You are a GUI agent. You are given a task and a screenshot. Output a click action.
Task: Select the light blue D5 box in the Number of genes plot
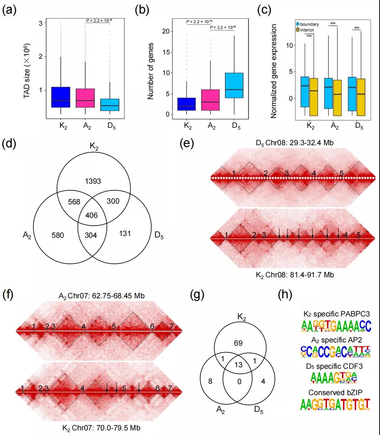(234, 85)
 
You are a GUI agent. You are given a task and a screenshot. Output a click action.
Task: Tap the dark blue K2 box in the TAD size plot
(60, 97)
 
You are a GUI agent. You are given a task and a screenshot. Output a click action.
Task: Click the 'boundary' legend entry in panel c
(309, 24)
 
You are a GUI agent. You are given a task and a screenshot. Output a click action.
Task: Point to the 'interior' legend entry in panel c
(307, 30)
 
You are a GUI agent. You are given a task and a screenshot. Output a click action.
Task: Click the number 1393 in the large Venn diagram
(93, 181)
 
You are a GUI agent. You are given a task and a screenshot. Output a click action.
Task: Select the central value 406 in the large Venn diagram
(91, 216)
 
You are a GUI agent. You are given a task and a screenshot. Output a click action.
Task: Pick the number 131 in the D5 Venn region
(125, 234)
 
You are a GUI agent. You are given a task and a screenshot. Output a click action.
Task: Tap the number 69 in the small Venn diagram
(238, 343)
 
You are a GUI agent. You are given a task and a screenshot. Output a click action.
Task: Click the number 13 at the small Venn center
(239, 364)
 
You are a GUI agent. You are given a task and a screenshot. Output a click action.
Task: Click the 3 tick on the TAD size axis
(41, 23)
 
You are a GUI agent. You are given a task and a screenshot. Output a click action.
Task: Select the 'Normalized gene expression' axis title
(274, 71)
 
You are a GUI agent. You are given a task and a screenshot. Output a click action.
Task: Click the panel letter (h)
(285, 295)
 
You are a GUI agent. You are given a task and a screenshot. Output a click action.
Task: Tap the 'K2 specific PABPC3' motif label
(336, 314)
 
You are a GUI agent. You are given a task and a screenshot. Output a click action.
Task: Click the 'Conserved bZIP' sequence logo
(335, 405)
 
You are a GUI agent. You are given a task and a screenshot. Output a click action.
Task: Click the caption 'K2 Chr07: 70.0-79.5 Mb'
(101, 428)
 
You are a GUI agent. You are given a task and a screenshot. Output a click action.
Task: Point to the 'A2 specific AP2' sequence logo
(336, 352)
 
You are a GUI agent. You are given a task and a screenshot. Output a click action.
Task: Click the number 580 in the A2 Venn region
(58, 235)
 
